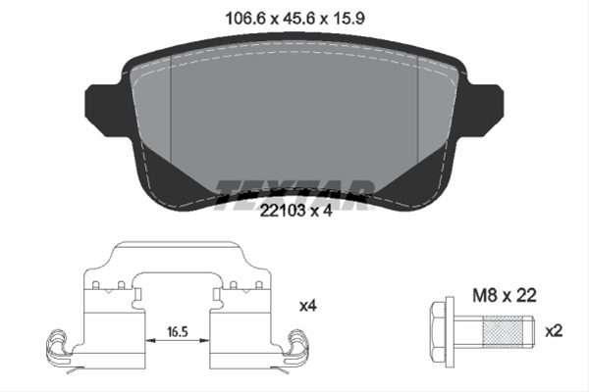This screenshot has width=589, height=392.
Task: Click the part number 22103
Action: pyautogui.click(x=284, y=212)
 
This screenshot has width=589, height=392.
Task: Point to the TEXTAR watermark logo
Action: pyautogui.click(x=294, y=195)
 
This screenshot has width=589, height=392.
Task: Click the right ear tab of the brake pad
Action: pyautogui.click(x=485, y=111)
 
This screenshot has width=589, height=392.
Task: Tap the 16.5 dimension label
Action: pyautogui.click(x=178, y=332)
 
